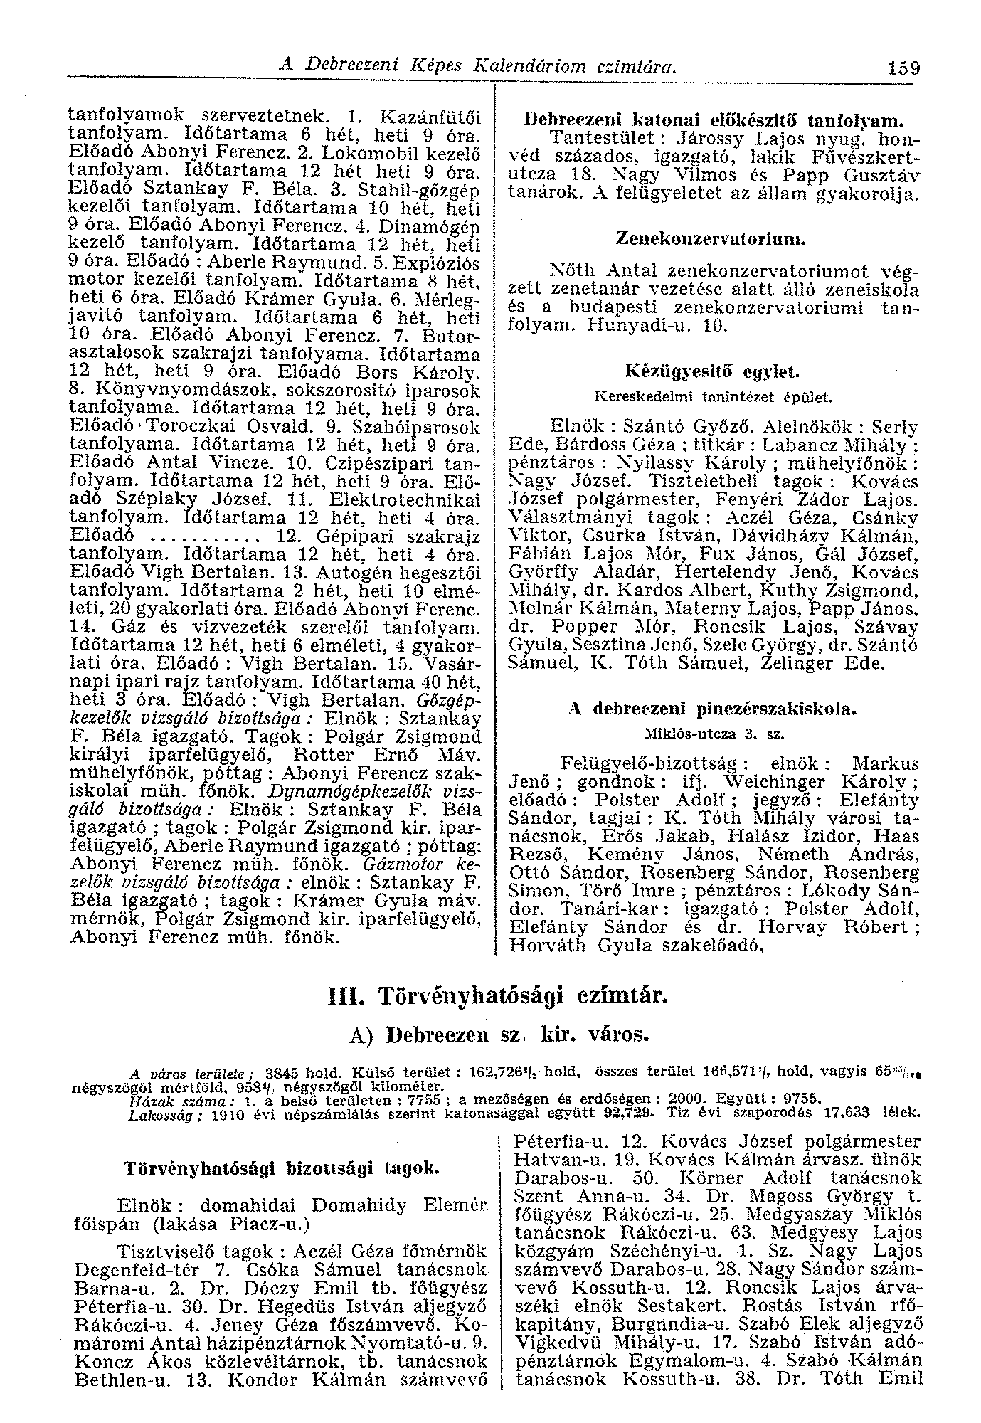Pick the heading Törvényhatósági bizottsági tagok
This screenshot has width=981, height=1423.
[282, 1169]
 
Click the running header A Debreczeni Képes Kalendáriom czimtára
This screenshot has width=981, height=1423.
[477, 66]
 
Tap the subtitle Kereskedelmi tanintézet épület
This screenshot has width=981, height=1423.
[711, 395]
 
